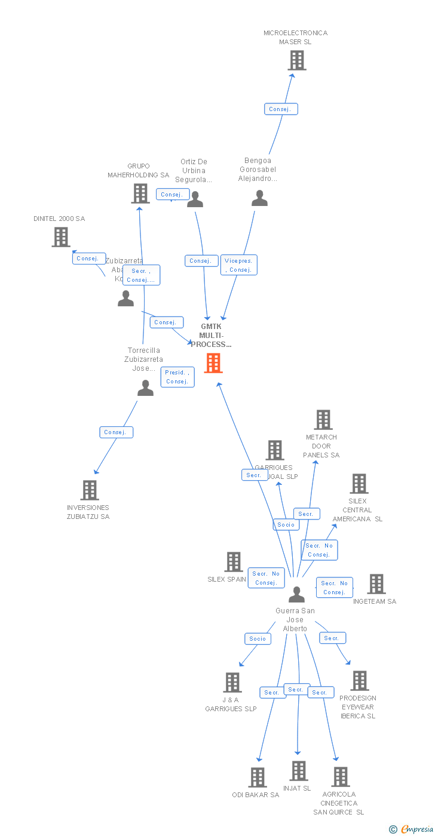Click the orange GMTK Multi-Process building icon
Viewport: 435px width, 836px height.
tap(213, 363)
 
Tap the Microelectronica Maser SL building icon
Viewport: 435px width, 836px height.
tap(296, 60)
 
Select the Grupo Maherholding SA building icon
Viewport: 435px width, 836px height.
tap(140, 193)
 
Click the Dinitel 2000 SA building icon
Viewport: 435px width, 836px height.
tap(60, 237)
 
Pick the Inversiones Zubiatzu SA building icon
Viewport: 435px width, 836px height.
tap(90, 490)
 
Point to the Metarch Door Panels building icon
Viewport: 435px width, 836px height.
tap(323, 420)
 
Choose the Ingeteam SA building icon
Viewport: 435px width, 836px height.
tap(376, 584)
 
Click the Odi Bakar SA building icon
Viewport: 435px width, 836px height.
tap(258, 777)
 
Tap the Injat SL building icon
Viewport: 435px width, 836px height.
tap(299, 771)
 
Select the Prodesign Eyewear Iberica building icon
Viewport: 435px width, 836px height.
tap(359, 681)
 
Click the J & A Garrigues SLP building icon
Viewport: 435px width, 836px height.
tap(232, 683)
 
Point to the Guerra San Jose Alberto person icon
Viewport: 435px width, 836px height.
tap(296, 595)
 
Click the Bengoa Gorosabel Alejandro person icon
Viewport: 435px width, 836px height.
tap(259, 198)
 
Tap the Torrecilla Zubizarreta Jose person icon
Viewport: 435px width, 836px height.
tap(145, 389)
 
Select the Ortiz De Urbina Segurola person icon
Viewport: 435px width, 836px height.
tap(195, 200)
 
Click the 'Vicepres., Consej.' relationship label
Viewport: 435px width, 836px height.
tap(239, 265)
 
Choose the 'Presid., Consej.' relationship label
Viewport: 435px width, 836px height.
tap(177, 377)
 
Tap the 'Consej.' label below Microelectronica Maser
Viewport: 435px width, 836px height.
tap(280, 109)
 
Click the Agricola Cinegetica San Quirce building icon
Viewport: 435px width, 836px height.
tap(340, 777)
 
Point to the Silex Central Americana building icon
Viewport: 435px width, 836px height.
tap(359, 484)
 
